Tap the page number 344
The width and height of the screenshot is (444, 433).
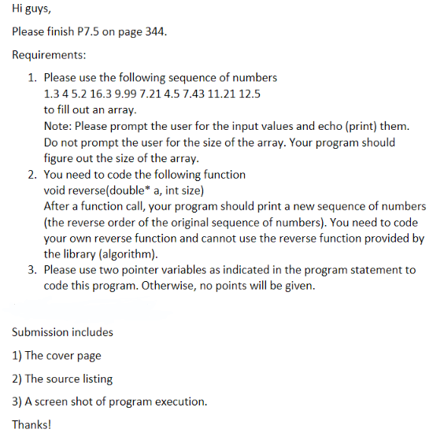click(154, 32)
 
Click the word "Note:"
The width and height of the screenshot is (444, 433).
click(57, 126)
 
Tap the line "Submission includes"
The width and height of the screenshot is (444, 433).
click(63, 331)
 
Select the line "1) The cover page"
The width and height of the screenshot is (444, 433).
click(57, 355)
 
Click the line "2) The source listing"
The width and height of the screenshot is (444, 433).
click(63, 378)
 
